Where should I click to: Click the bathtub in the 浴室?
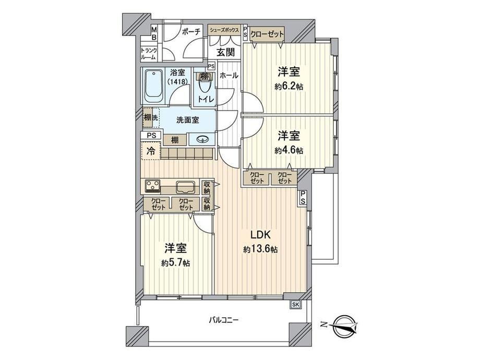153,87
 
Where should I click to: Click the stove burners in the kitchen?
152,186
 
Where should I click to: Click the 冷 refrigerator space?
151,151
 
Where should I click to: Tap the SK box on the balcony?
295,304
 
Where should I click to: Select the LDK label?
260,235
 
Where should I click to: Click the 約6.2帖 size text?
289,87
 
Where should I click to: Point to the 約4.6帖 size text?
289,150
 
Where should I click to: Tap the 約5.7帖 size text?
176,262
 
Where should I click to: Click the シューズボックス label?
224,30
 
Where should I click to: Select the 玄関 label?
225,52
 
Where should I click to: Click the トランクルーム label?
149,54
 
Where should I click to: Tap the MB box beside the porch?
154,33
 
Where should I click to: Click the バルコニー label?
223,320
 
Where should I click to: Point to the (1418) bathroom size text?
177,82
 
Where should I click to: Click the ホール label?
229,75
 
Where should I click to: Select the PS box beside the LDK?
303,197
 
